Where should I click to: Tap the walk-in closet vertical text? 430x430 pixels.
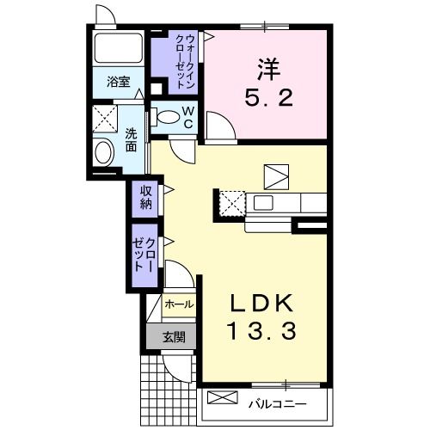pos(184,59)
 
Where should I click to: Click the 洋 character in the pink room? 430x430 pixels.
pos(267,65)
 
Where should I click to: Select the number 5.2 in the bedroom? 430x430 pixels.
pos(267,97)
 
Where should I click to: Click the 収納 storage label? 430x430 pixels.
pos(145,197)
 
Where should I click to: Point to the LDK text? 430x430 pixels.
pos(262,304)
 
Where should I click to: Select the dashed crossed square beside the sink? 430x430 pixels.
pos(230,204)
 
